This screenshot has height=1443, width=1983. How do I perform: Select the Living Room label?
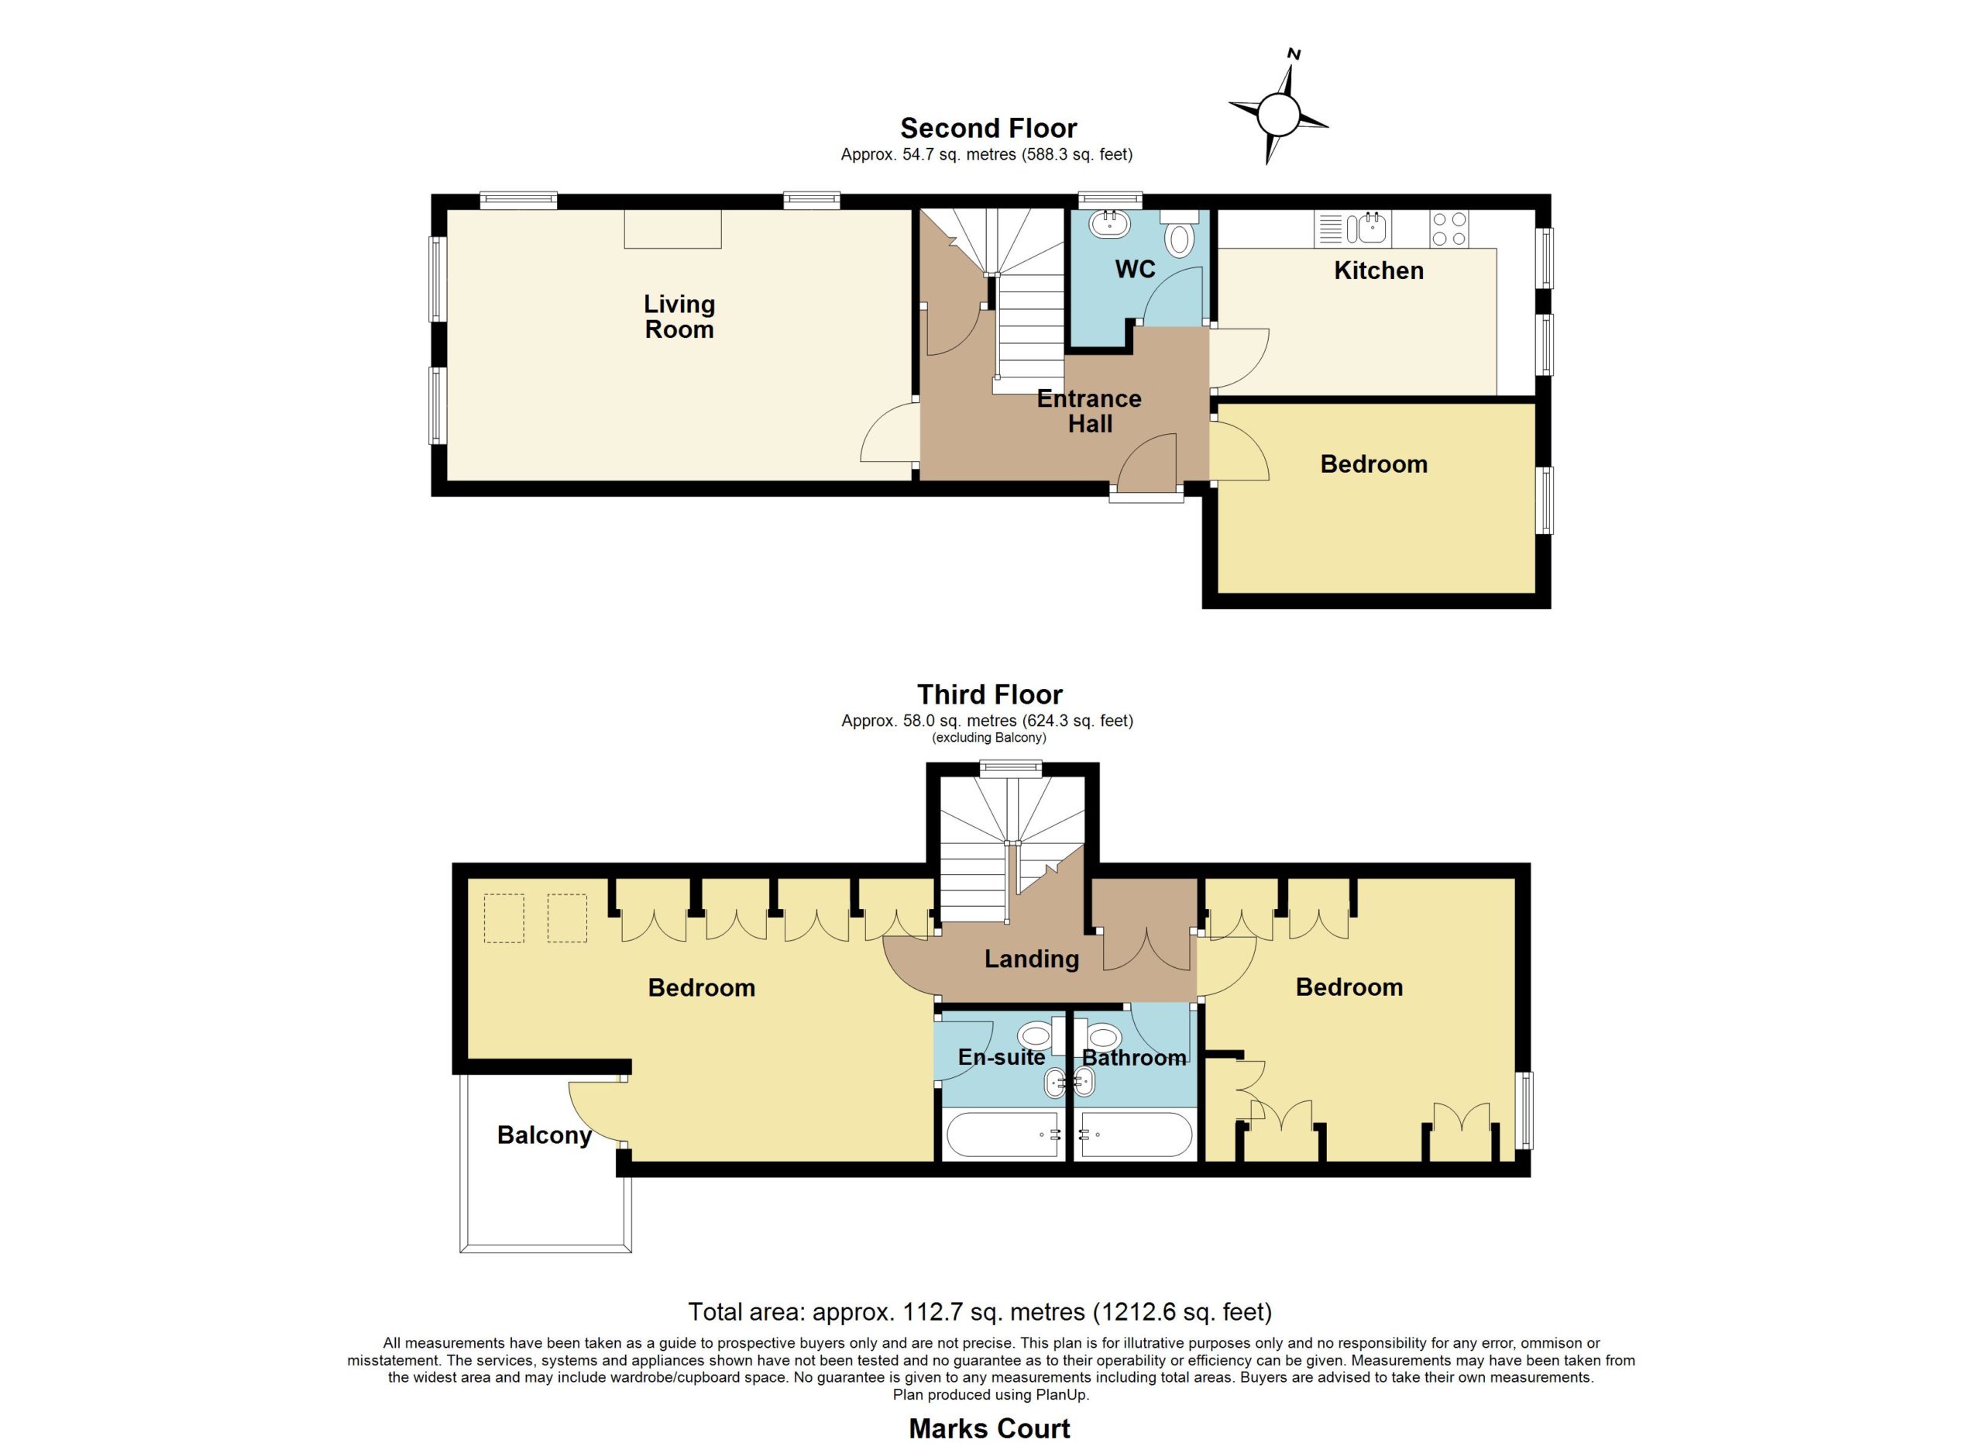(679, 317)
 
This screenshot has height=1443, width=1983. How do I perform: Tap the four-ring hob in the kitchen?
(1449, 229)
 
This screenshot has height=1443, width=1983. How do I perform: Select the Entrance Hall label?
(1089, 411)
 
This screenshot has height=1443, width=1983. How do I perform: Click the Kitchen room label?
(1379, 270)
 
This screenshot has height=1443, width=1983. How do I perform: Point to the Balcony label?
(544, 1135)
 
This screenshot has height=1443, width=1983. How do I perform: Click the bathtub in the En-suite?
(1004, 1135)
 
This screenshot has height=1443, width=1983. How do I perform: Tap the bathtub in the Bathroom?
(1134, 1135)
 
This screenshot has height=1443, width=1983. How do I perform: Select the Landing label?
(1032, 959)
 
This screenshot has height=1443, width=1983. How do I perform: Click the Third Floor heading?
(990, 694)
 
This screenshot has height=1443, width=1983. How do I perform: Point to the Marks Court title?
(990, 1429)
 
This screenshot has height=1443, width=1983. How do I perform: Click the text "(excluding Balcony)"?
(989, 737)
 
